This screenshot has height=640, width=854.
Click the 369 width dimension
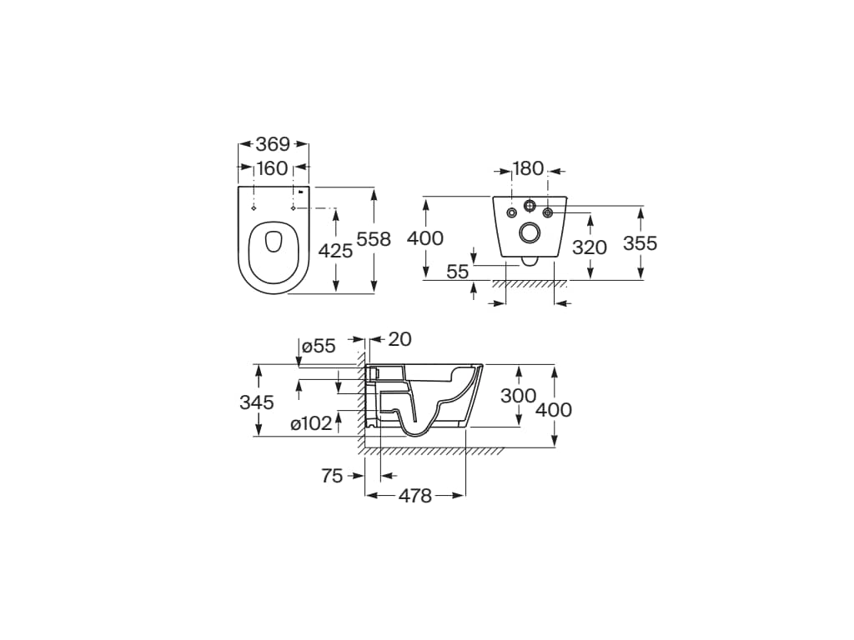tap(273, 144)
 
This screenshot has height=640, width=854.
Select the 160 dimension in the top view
tap(272, 168)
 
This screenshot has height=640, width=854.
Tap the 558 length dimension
tap(374, 239)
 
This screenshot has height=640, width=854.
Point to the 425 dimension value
tap(335, 251)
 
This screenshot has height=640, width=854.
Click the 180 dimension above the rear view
tap(528, 168)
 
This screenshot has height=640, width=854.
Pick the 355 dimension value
tap(640, 242)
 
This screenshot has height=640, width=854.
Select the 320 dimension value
tap(590, 247)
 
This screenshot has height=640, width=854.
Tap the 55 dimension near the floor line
tap(458, 271)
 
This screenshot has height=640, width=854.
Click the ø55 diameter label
tap(319, 346)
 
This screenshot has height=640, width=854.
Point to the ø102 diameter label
tap(311, 422)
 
